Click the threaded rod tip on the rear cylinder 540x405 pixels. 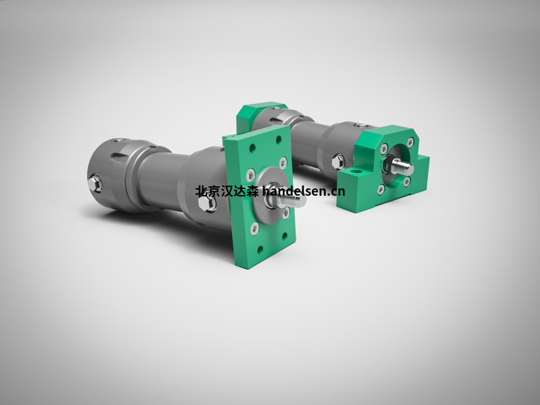[406, 166]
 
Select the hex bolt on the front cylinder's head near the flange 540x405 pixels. [211, 205]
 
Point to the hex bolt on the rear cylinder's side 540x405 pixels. [338, 161]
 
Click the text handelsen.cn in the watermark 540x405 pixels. [303, 191]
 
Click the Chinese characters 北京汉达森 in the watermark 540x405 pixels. [226, 191]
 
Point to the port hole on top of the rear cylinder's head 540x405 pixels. [357, 125]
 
